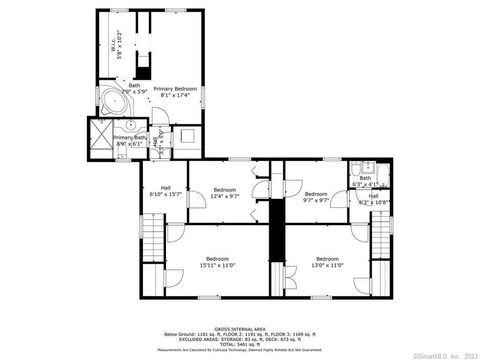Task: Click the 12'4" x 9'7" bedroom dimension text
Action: [224, 196]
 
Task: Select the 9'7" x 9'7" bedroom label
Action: [316, 197]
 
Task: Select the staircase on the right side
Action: [381, 241]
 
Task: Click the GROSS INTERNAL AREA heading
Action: [239, 327]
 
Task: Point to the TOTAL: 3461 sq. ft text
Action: [239, 343]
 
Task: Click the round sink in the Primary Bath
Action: [130, 127]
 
